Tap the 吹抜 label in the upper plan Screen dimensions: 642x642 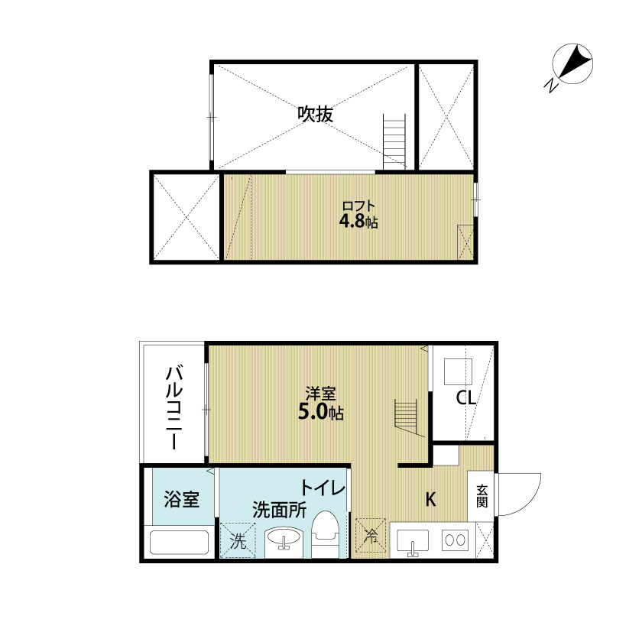(315, 114)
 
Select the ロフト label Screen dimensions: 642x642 (358, 206)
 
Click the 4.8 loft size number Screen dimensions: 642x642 (352, 221)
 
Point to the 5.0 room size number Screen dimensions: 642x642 (313, 412)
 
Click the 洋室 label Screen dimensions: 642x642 (320, 394)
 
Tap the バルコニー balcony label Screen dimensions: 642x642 (174, 407)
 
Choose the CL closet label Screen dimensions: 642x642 (466, 397)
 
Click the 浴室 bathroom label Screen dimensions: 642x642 (181, 499)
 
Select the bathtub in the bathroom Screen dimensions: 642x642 (179, 543)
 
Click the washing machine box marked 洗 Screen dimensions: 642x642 (238, 540)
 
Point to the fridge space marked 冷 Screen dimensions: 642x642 (371, 536)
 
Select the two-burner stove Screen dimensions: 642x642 (456, 540)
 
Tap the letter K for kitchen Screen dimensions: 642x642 (430, 500)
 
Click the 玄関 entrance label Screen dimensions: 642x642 (482, 496)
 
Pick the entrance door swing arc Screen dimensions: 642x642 (531, 502)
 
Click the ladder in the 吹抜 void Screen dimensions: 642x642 (394, 141)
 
